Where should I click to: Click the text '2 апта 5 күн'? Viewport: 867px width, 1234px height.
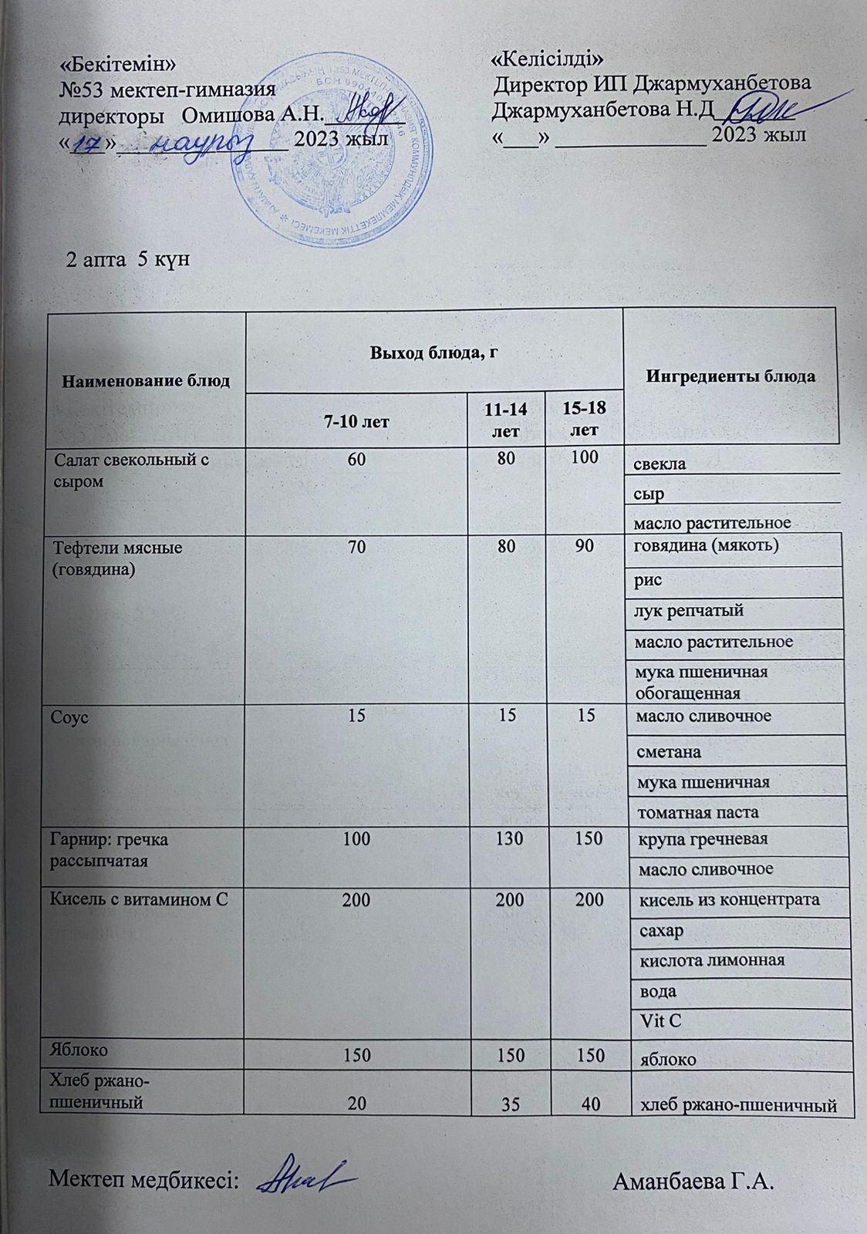pyautogui.click(x=128, y=260)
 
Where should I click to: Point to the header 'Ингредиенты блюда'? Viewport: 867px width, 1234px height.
pyautogui.click(x=730, y=376)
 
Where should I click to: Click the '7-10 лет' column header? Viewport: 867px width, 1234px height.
pyautogui.click(x=356, y=421)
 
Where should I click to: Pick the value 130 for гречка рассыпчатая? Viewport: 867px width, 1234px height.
pyautogui.click(x=507, y=838)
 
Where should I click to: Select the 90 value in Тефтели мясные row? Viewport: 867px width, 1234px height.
pyautogui.click(x=584, y=546)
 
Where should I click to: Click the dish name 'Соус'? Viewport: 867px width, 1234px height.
pyautogui.click(x=70, y=717)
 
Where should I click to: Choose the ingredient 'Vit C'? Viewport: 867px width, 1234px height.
pyautogui.click(x=661, y=1021)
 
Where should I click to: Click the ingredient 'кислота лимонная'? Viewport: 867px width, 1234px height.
pyautogui.click(x=712, y=960)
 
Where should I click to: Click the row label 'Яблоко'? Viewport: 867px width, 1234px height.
pyautogui.click(x=79, y=1050)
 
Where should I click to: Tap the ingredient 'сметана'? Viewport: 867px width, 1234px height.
pyautogui.click(x=669, y=750)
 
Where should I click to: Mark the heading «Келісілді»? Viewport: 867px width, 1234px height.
pyautogui.click(x=547, y=58)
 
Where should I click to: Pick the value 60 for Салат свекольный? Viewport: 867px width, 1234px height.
pyautogui.click(x=356, y=458)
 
